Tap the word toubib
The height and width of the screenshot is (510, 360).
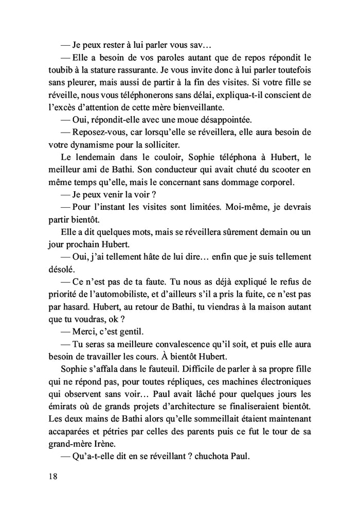60,70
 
